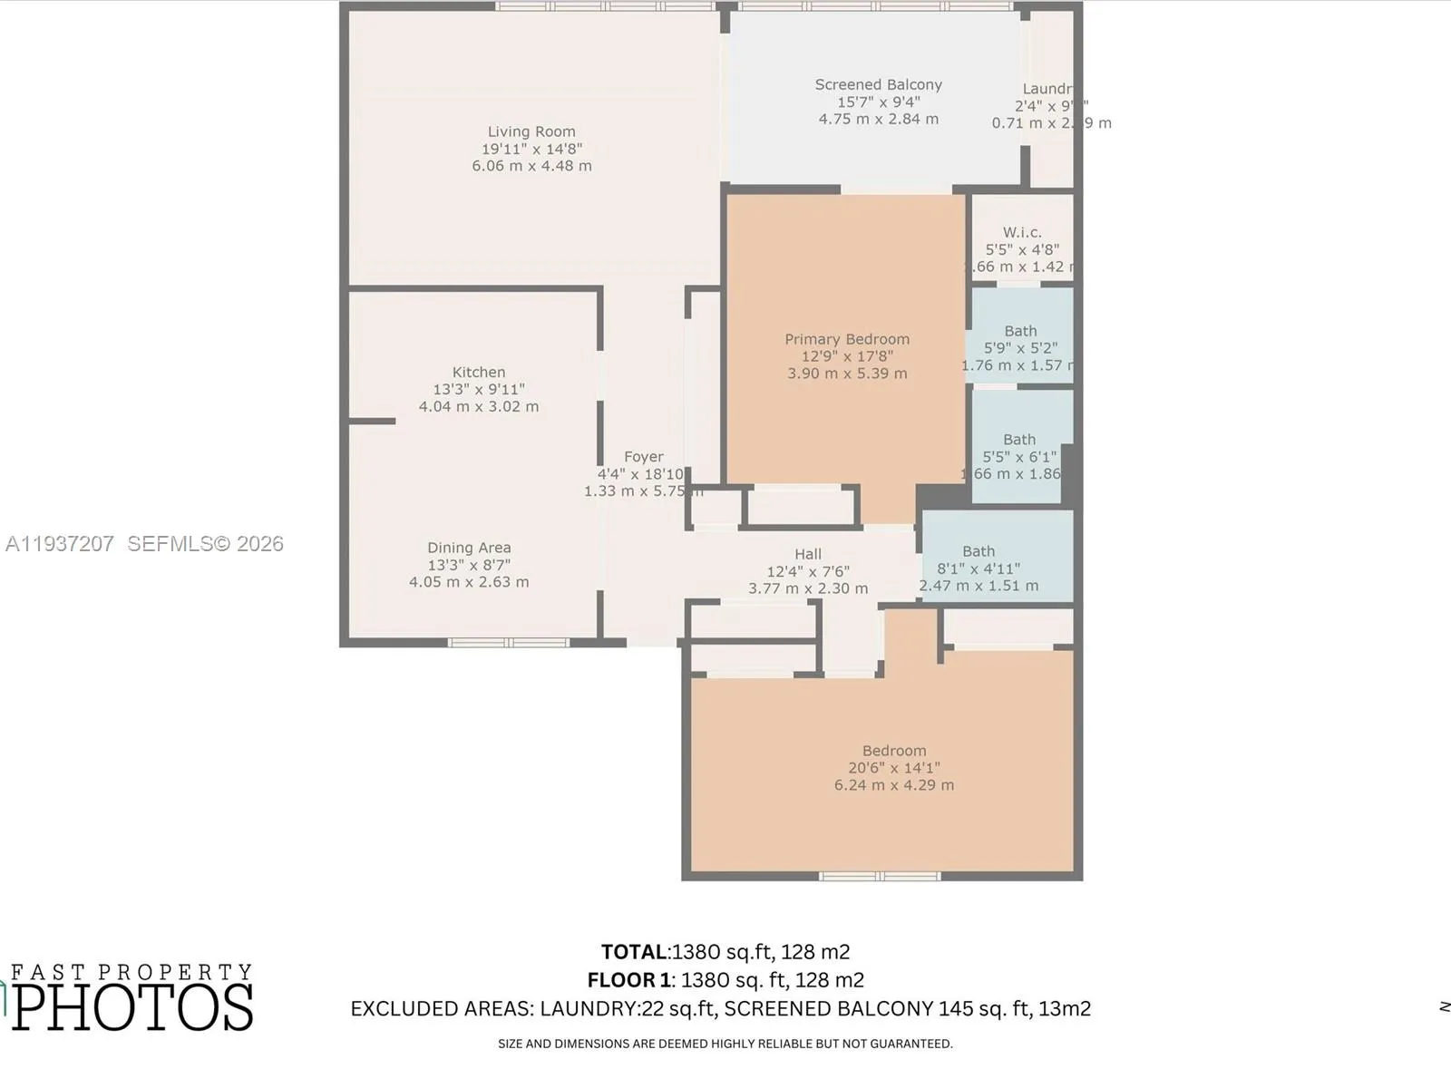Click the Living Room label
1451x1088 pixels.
click(x=531, y=131)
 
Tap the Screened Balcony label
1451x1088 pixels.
click(x=878, y=84)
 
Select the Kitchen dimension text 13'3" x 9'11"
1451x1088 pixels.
click(x=478, y=389)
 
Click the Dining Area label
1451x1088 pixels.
click(x=469, y=548)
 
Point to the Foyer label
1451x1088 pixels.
click(x=643, y=457)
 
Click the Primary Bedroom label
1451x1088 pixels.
click(x=846, y=339)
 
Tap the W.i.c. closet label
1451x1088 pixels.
click(x=1022, y=232)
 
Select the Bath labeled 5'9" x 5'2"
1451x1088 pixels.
click(x=1020, y=332)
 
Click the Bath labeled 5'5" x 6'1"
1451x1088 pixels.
click(x=1019, y=440)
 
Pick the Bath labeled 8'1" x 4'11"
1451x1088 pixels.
click(x=979, y=551)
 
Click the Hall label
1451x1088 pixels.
click(x=807, y=554)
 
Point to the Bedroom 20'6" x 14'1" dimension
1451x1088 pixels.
click(x=893, y=768)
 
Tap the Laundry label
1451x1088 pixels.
click(x=1047, y=89)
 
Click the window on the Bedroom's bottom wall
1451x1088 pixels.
click(x=879, y=876)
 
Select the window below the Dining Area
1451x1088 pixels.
click(x=508, y=643)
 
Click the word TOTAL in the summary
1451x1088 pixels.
click(x=634, y=952)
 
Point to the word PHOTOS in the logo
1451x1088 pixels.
click(x=132, y=1006)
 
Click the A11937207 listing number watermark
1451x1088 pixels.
click(x=60, y=543)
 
